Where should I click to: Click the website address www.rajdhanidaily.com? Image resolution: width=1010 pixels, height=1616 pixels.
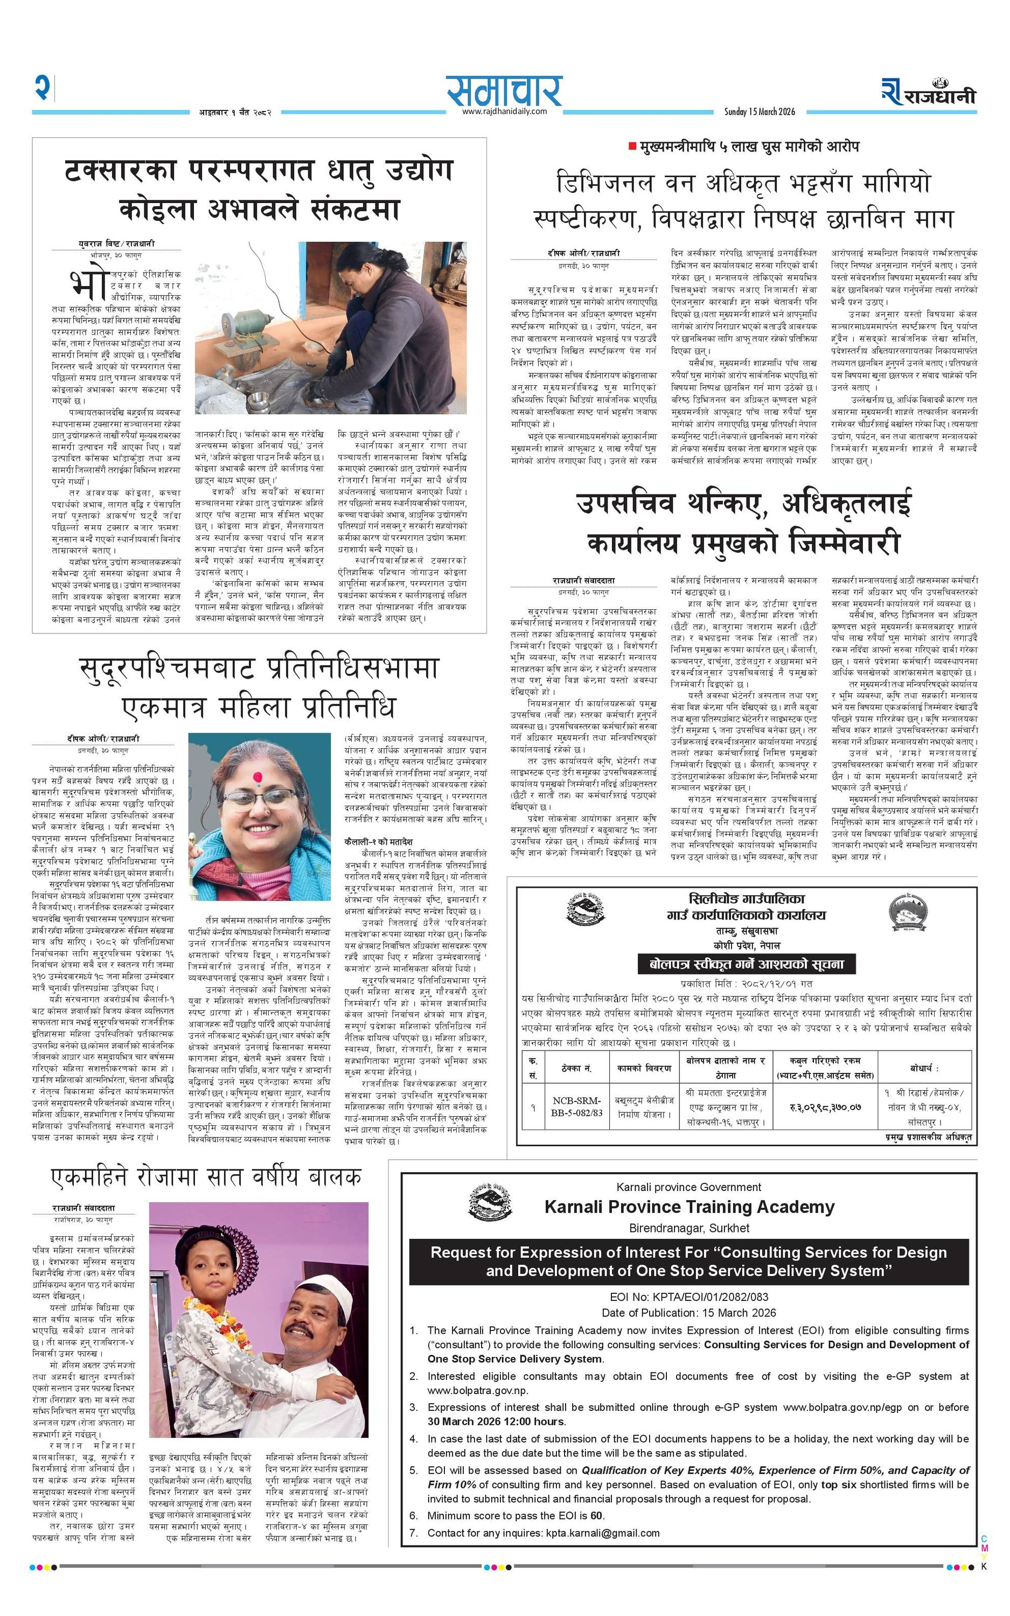[x=504, y=112]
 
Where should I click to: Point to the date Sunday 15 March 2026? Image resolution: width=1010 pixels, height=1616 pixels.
[x=760, y=112]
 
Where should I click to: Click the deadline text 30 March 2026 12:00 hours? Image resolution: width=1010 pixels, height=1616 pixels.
[x=497, y=1421]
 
